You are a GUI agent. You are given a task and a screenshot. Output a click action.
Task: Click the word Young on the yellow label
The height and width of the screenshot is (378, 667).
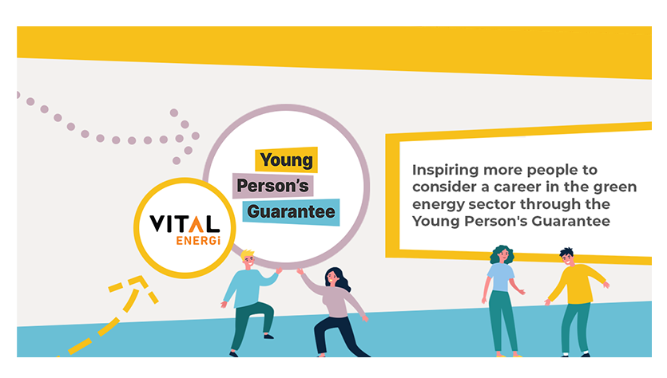click(x=286, y=160)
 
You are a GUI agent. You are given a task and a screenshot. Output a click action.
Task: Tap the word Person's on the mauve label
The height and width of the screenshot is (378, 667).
click(x=272, y=186)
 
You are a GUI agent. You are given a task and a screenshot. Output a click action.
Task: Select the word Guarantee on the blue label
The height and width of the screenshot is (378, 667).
click(x=291, y=211)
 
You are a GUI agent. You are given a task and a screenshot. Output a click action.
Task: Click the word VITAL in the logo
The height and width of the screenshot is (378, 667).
click(x=185, y=224)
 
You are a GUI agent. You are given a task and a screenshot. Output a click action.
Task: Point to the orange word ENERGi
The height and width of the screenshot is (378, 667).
click(x=198, y=241)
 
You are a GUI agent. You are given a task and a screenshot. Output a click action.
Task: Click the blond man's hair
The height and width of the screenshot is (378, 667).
click(x=247, y=255)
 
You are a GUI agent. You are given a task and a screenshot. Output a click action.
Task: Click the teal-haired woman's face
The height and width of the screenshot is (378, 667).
click(x=503, y=255)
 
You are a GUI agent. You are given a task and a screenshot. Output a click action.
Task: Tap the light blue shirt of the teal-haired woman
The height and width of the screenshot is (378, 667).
click(x=501, y=277)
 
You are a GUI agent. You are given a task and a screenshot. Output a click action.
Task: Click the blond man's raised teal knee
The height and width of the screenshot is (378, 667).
click(x=267, y=309)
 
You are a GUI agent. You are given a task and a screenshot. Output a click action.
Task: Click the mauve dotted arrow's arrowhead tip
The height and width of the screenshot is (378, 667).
click(x=196, y=136)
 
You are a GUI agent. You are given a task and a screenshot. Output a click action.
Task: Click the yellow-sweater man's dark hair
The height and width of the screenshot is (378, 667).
click(x=566, y=253)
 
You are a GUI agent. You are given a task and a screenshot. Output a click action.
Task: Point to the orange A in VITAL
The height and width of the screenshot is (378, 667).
click(x=197, y=224)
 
